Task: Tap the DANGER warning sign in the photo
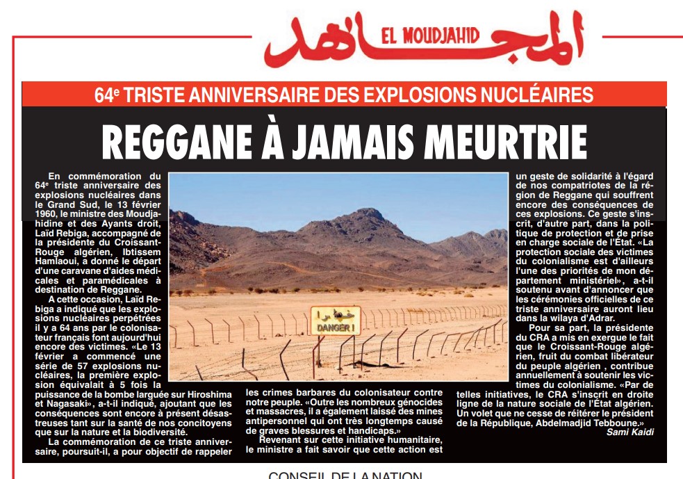point(335,320)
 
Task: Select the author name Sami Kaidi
point(629,432)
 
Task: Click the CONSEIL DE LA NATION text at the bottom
point(345,475)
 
